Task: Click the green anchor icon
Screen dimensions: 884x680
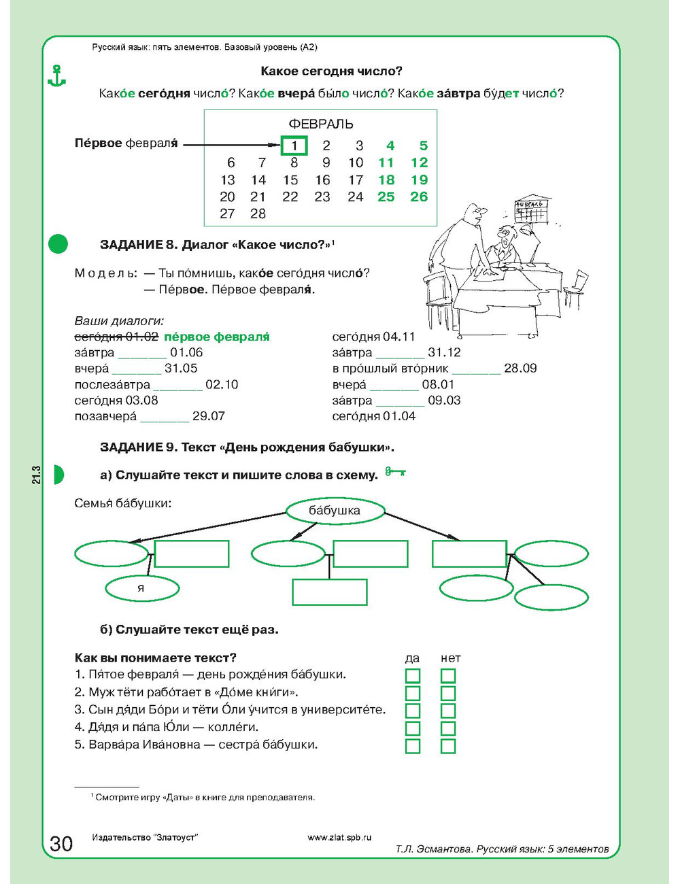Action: tap(57, 75)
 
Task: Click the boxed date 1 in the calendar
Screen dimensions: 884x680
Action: tap(294, 146)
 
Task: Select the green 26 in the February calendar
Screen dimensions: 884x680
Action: tap(419, 197)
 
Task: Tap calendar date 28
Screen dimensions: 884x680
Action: tap(258, 214)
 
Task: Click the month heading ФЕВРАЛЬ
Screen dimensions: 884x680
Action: tap(321, 124)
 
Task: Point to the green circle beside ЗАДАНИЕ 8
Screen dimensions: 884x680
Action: tap(58, 243)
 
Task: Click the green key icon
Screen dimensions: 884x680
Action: tap(395, 471)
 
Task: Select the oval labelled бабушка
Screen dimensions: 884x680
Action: tap(335, 510)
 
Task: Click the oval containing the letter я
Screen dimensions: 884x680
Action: tap(142, 588)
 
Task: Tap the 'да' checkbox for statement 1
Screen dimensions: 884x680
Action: tap(413, 675)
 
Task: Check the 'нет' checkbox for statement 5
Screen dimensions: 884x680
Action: tap(448, 746)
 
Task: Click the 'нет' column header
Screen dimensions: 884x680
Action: tap(450, 658)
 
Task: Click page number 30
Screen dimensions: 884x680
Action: tap(61, 844)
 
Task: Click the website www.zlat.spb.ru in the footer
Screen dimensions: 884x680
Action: tap(339, 837)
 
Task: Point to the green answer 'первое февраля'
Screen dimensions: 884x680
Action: tap(217, 337)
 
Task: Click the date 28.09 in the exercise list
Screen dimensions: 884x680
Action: tap(520, 369)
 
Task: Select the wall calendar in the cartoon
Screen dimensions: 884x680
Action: tap(531, 210)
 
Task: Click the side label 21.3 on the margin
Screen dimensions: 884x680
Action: tap(37, 475)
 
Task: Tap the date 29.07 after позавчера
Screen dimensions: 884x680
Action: tap(209, 416)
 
